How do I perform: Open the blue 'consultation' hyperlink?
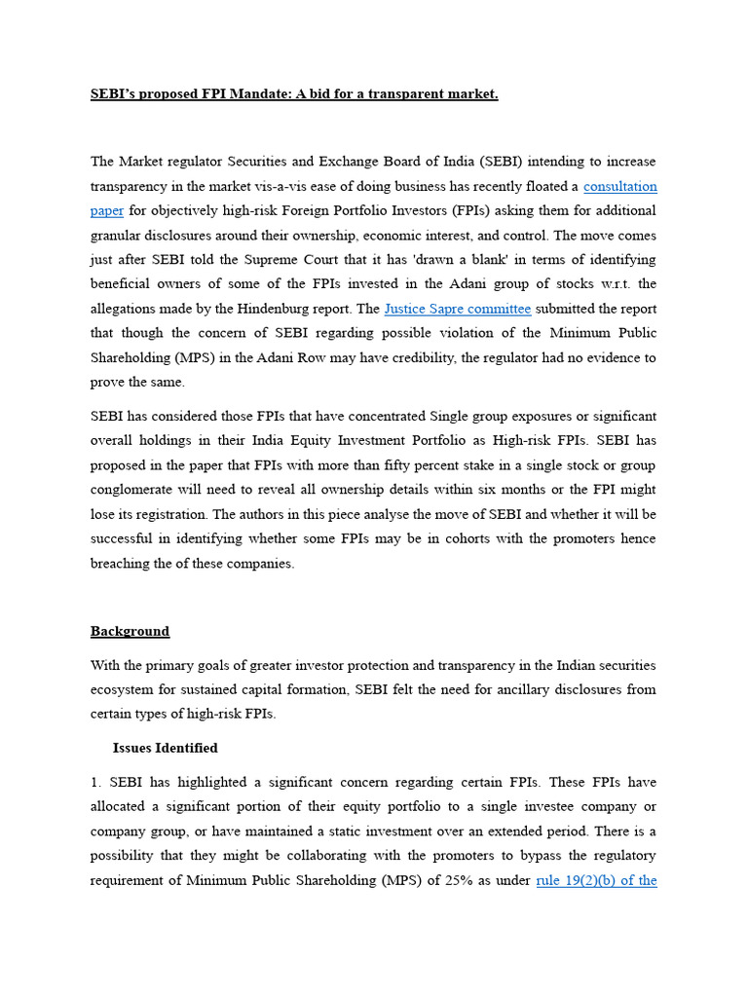click(619, 186)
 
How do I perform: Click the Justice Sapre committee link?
click(458, 309)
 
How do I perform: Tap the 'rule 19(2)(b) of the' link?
click(596, 880)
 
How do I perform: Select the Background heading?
click(130, 631)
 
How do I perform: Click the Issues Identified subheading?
click(165, 748)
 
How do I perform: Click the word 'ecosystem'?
click(125, 689)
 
